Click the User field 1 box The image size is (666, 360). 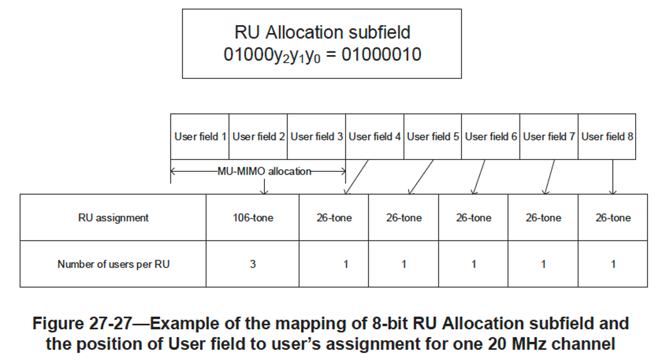click(x=199, y=137)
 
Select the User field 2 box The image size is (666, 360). click(x=258, y=137)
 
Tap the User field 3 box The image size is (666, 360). click(x=316, y=137)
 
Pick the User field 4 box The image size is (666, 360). click(x=375, y=137)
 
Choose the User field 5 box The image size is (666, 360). click(x=432, y=137)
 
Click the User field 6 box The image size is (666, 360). click(x=491, y=137)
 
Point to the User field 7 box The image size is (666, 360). click(x=549, y=137)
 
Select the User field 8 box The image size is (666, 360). click(x=607, y=137)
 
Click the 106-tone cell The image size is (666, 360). click(x=252, y=218)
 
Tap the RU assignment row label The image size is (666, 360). click(x=113, y=218)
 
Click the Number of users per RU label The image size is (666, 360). click(x=113, y=264)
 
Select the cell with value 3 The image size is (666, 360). click(x=252, y=264)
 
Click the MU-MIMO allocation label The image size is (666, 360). click(x=264, y=171)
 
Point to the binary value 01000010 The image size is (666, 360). click(x=378, y=55)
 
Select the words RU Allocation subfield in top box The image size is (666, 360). click(x=322, y=32)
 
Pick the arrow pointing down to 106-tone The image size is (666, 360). click(x=264, y=186)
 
